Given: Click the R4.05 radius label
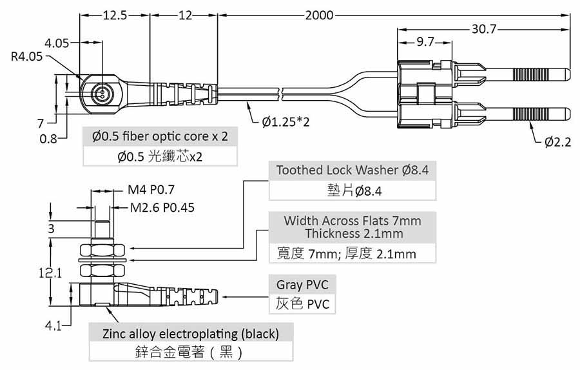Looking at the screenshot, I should tap(27, 57).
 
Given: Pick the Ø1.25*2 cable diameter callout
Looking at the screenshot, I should tap(285, 121).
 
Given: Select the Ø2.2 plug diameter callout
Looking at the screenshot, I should tap(557, 142).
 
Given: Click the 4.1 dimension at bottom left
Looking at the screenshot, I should tap(53, 326).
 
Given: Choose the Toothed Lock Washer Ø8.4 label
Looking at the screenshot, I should tap(352, 170).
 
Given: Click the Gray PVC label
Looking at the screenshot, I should tap(297, 284).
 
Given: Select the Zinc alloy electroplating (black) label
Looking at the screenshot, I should tap(191, 334).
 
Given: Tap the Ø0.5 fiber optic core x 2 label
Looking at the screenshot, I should tap(160, 137).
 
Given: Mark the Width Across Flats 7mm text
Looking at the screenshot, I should tap(353, 221).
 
